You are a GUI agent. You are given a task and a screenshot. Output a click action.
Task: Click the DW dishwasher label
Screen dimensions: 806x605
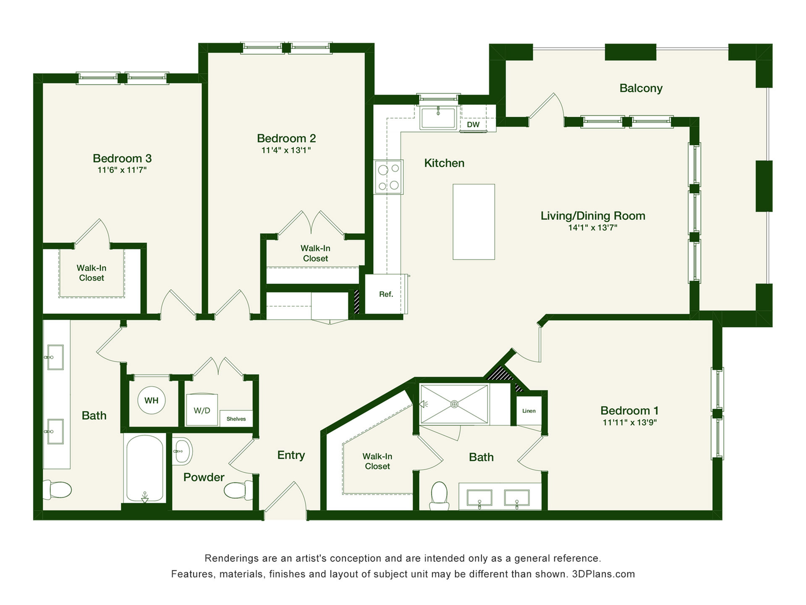(473, 125)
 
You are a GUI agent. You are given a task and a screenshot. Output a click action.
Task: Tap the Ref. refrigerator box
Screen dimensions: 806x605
(386, 294)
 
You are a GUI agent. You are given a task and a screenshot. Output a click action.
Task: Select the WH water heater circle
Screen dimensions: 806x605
(152, 400)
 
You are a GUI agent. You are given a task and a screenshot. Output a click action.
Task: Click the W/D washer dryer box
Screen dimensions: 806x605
(202, 410)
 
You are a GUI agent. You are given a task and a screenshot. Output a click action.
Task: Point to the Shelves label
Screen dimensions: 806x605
(236, 419)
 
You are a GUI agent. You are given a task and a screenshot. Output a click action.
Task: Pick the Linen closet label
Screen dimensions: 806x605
(529, 411)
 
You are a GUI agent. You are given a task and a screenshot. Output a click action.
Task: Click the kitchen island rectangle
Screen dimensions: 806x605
(474, 222)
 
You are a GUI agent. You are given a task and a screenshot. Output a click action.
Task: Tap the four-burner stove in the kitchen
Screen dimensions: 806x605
(389, 177)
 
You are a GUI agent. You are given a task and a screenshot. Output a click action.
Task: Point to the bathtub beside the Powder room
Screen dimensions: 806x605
(145, 468)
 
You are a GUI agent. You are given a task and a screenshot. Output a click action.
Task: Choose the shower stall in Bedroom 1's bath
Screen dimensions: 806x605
(455, 404)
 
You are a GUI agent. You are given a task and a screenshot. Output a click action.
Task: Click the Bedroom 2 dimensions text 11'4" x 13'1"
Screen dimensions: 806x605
(286, 150)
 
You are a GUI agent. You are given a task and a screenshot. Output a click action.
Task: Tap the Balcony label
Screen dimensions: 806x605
(641, 88)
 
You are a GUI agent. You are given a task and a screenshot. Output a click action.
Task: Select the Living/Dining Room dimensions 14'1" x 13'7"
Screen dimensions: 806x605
(593, 228)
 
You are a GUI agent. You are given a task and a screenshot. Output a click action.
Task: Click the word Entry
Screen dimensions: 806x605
(291, 455)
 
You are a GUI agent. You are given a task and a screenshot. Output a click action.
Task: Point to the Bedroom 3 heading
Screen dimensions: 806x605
(122, 158)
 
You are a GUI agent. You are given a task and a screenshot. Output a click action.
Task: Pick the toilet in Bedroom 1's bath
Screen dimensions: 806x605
(440, 496)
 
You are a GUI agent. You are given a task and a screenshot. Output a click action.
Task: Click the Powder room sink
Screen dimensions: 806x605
(182, 452)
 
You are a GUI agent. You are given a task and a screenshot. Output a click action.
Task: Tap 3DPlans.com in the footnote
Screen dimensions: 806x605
(603, 574)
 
